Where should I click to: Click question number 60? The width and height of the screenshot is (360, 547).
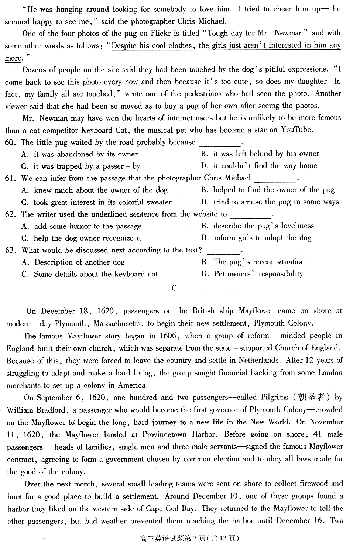coord(10,142)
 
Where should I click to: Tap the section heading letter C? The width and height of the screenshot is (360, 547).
coord(174,288)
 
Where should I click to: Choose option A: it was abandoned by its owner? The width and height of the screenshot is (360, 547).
coord(79,154)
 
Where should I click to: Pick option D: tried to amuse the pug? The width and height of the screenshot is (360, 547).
coord(270,202)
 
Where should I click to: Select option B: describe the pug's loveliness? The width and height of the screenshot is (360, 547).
coord(257,226)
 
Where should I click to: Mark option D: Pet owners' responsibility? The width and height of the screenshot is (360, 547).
coord(252,274)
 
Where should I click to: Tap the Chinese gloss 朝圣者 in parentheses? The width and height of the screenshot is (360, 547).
coord(312,397)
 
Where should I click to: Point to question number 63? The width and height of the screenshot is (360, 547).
coord(10,250)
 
